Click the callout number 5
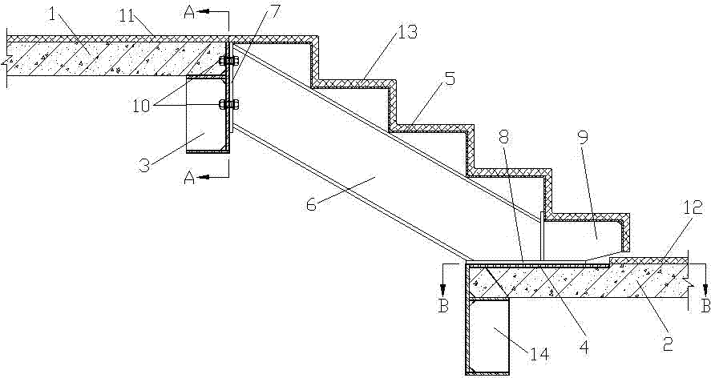click(x=449, y=78)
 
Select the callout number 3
click(x=143, y=163)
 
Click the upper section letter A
click(x=190, y=13)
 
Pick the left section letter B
click(x=443, y=306)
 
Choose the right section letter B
click(x=705, y=306)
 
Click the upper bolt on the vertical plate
click(x=229, y=60)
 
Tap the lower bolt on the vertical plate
click(x=229, y=105)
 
